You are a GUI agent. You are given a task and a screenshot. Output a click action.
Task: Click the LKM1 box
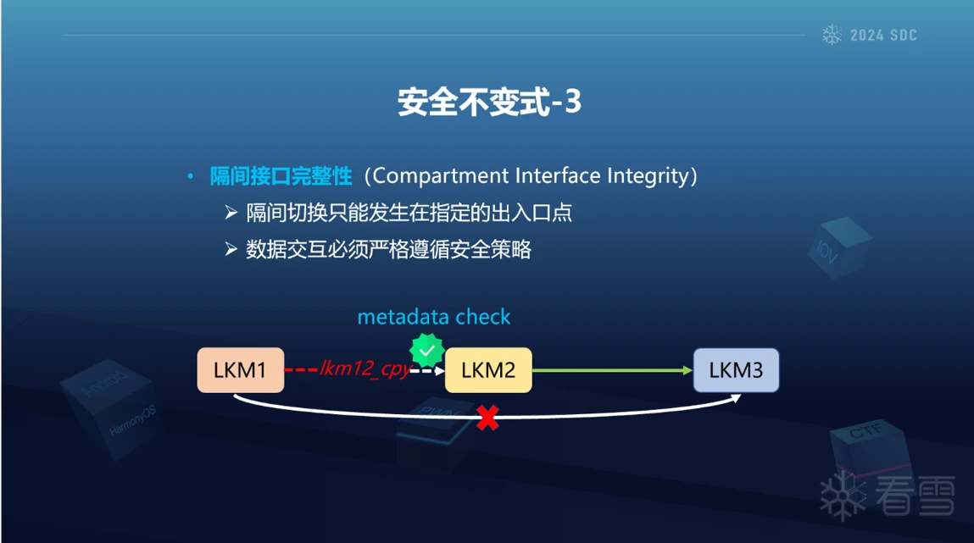[x=240, y=370]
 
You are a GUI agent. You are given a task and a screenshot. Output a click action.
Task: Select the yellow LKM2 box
[x=488, y=370]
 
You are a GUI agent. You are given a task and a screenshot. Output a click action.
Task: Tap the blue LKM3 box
[x=736, y=370]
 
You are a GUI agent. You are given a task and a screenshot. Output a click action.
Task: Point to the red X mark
[x=487, y=418]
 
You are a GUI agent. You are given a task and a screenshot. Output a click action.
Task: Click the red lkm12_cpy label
[x=365, y=369]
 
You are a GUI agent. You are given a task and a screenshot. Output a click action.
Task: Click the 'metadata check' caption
[x=434, y=317]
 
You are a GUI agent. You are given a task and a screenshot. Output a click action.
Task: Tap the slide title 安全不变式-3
[x=489, y=102]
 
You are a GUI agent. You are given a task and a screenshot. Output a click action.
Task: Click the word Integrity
[x=647, y=176]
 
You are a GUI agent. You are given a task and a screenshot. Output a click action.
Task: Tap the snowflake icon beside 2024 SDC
[x=832, y=36]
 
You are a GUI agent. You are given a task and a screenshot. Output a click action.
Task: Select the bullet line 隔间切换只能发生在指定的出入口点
[x=409, y=213]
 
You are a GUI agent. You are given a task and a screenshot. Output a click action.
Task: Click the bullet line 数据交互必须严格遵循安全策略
[x=388, y=250]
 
